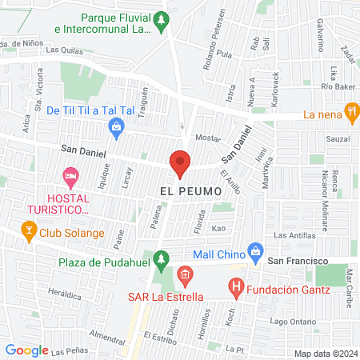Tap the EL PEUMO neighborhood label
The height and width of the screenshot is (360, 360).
coord(189,191)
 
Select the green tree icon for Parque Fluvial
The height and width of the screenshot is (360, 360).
coord(162,18)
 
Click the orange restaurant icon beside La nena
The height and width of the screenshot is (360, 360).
coord(350,113)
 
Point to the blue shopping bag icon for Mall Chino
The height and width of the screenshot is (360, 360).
coord(255,250)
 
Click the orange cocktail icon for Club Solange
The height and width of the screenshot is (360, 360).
coord(29,233)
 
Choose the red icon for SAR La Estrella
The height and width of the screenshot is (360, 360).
coord(185,278)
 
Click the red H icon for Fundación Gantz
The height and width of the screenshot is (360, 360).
coord(235,285)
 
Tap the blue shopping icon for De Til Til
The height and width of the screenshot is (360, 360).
coord(117,126)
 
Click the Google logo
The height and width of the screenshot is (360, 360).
coord(26,350)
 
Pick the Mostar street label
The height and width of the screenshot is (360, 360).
coord(207,138)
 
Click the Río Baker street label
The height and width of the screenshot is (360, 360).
coord(337,86)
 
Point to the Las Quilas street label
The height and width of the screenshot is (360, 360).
coord(64,49)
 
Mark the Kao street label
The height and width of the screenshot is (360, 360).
coord(218,229)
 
